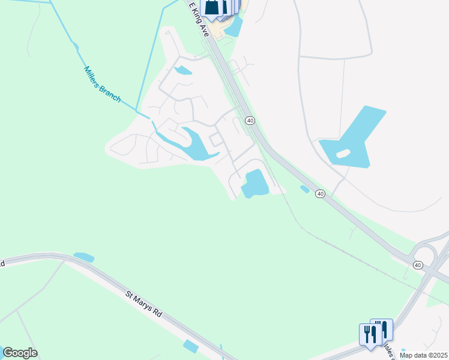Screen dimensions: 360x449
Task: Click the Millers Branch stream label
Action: click(103, 84)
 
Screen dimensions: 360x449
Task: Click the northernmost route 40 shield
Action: click(250, 121)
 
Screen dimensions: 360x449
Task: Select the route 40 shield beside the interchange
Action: click(418, 265)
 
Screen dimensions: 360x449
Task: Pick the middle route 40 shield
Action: click(321, 194)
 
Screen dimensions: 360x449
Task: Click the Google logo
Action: click(20, 353)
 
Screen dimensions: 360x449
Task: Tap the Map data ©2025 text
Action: click(424, 355)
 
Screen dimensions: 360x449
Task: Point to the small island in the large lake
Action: click(343, 154)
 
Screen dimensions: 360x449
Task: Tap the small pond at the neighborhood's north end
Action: click(183, 70)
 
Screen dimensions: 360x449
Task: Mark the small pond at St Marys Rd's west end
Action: click(83, 257)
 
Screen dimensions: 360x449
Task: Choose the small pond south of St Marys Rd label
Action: click(191, 346)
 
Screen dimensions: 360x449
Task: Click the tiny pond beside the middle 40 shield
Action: click(305, 190)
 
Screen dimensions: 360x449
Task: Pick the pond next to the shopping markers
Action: click(234, 26)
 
